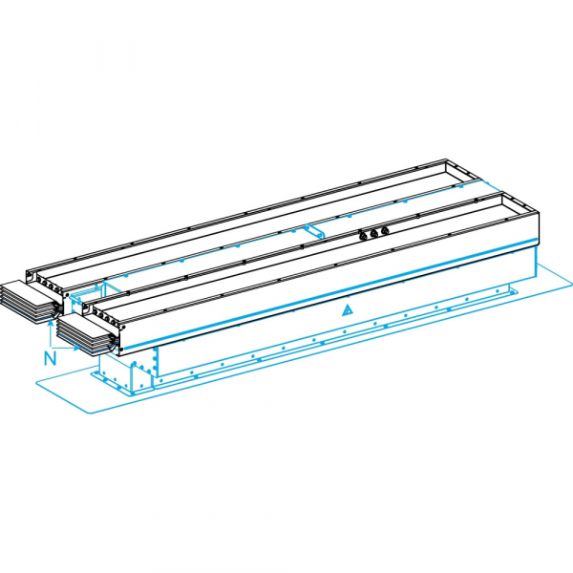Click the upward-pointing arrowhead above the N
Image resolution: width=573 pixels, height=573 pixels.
coord(49,322)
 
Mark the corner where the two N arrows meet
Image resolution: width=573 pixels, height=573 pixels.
coord(49,344)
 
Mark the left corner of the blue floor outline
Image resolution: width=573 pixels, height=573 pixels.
coord(36,381)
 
